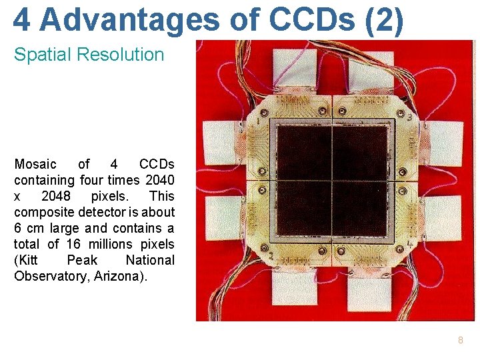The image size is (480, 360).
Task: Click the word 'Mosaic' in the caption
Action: point(36,164)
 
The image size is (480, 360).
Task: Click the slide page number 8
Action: point(460,341)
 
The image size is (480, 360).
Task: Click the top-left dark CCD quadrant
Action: point(304,151)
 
